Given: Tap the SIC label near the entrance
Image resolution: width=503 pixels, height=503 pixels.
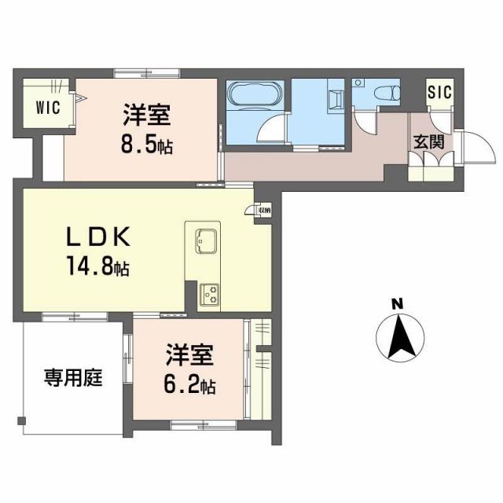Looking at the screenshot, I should (439, 92).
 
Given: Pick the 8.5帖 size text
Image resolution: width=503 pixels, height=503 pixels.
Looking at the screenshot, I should (148, 146).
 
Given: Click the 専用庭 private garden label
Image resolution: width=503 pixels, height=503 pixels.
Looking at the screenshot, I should (73, 378).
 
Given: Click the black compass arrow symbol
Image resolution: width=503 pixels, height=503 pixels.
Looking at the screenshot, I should (398, 336).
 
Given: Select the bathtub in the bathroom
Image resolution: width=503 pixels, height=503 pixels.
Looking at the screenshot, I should (251, 95).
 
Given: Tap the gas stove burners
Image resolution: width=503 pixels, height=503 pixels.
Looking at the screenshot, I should (210, 295).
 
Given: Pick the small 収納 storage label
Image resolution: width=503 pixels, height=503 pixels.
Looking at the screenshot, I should (263, 210).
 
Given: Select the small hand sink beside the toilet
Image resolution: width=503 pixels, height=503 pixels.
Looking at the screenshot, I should (358, 83).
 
